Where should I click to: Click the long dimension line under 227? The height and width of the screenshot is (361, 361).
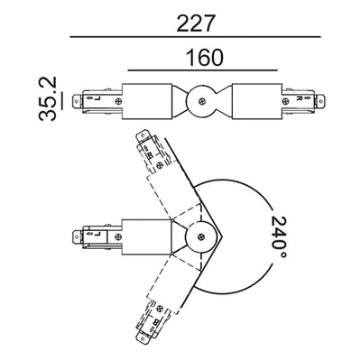click(196, 37)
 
